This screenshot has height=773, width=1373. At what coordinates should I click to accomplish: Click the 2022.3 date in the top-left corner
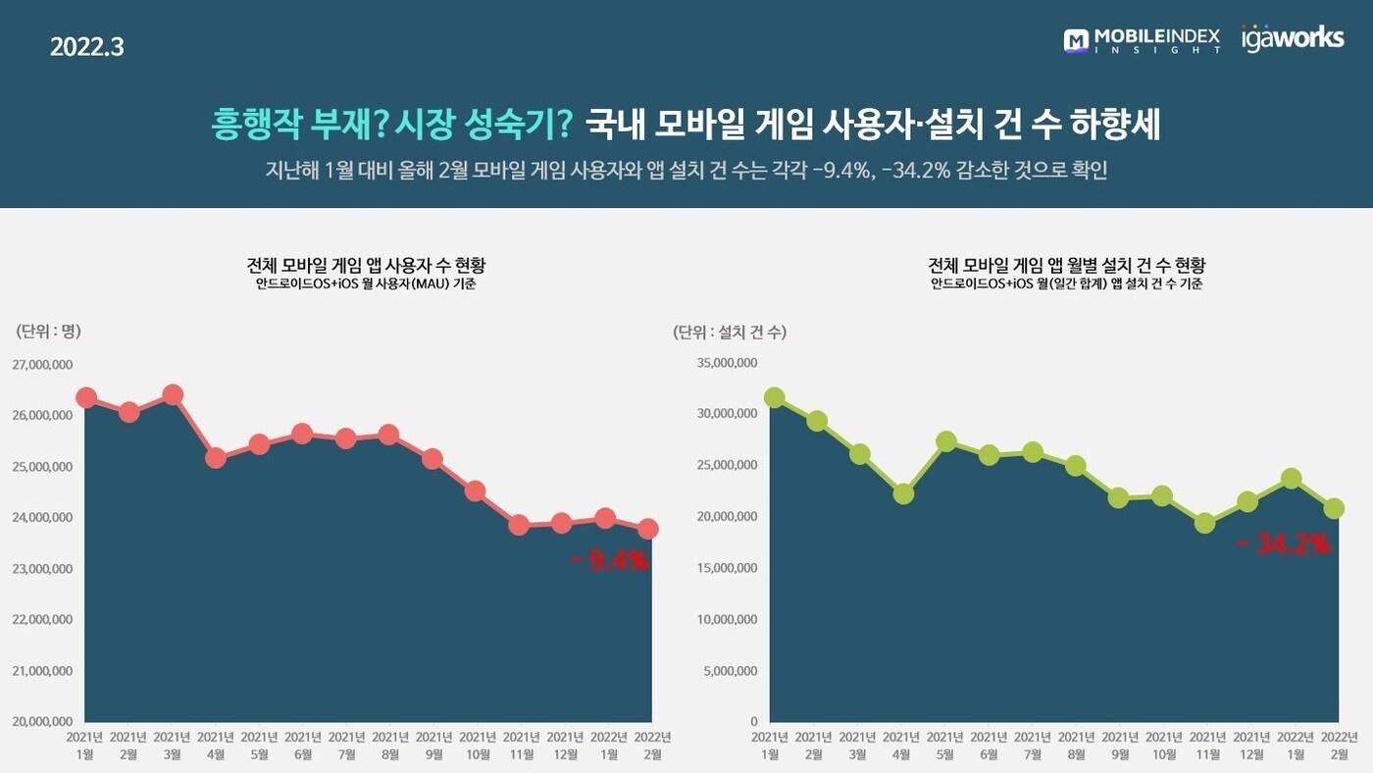[86, 46]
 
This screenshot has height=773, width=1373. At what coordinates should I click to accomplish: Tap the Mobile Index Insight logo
[1142, 40]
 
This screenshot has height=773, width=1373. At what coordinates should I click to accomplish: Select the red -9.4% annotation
[609, 561]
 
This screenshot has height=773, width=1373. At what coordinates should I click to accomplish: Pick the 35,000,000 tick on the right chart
[727, 363]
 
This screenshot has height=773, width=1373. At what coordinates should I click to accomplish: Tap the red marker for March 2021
[173, 395]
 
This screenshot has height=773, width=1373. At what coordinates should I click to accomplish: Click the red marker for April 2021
[216, 457]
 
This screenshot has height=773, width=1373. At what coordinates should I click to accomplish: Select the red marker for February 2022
[648, 530]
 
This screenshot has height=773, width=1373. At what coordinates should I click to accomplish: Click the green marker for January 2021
[774, 397]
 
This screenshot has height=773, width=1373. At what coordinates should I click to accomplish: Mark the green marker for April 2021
[903, 493]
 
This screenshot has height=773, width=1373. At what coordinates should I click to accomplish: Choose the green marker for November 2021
[1204, 523]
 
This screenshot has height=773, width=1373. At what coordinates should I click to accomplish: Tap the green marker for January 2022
[1292, 479]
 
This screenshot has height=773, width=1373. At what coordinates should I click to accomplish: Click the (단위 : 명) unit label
[48, 332]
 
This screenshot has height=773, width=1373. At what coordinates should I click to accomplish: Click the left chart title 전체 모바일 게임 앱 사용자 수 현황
[367, 265]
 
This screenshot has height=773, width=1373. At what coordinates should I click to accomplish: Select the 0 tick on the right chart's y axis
[753, 722]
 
